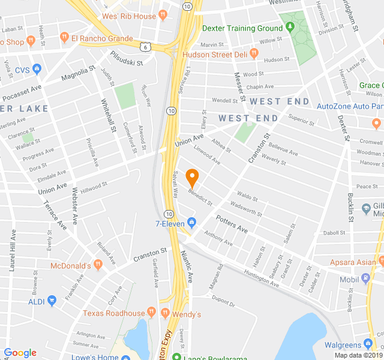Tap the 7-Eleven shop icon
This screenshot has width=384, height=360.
pos(191,223)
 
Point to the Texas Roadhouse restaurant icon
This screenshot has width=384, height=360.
pos(151,313)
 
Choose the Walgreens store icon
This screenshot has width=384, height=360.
pos(368,344)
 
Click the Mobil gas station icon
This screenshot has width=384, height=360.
pos(366,278)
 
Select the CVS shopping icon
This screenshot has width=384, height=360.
pos(37,69)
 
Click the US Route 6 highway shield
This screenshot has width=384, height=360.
pos(145,46)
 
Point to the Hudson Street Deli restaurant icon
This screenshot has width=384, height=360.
pos(254,53)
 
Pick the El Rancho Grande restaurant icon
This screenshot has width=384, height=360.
pos(64,38)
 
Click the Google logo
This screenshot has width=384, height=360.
pos(20,352)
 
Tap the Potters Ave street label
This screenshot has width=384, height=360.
pos(232,224)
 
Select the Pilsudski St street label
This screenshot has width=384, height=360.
pos(127,58)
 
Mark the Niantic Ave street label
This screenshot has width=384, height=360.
pos(188,267)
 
